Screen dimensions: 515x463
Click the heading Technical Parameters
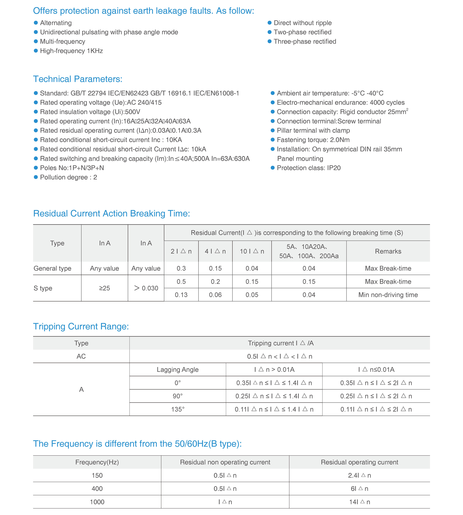pyautogui.click(x=78, y=79)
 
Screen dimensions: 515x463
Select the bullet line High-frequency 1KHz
pyautogui.click(x=71, y=51)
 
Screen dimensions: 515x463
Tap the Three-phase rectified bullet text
pyautogui.click(x=305, y=41)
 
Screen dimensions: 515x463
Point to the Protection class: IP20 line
pyautogui.click(x=308, y=168)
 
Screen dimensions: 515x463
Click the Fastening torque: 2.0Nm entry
pyautogui.click(x=313, y=140)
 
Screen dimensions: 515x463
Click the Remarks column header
pyautogui.click(x=388, y=251)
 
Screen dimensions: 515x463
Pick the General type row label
pyautogui.click(x=52, y=268)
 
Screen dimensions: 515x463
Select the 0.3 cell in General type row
pyautogui.click(x=181, y=268)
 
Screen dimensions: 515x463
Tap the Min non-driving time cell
pyautogui.click(x=388, y=295)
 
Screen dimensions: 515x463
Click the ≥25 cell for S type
pyautogui.click(x=104, y=288)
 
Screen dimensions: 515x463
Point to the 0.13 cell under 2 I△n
pyautogui.click(x=181, y=295)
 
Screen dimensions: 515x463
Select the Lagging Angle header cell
pyautogui.click(x=178, y=370)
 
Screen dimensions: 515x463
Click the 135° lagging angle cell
pyautogui.click(x=178, y=409)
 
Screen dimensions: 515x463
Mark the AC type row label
pyautogui.click(x=81, y=356)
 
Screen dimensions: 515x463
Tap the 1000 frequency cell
pyautogui.click(x=97, y=502)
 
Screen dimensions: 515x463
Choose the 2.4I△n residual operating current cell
pyautogui.click(x=359, y=475)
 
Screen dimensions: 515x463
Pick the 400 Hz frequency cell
pyautogui.click(x=97, y=489)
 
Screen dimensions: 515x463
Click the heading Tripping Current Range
pyautogui.click(x=81, y=326)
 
